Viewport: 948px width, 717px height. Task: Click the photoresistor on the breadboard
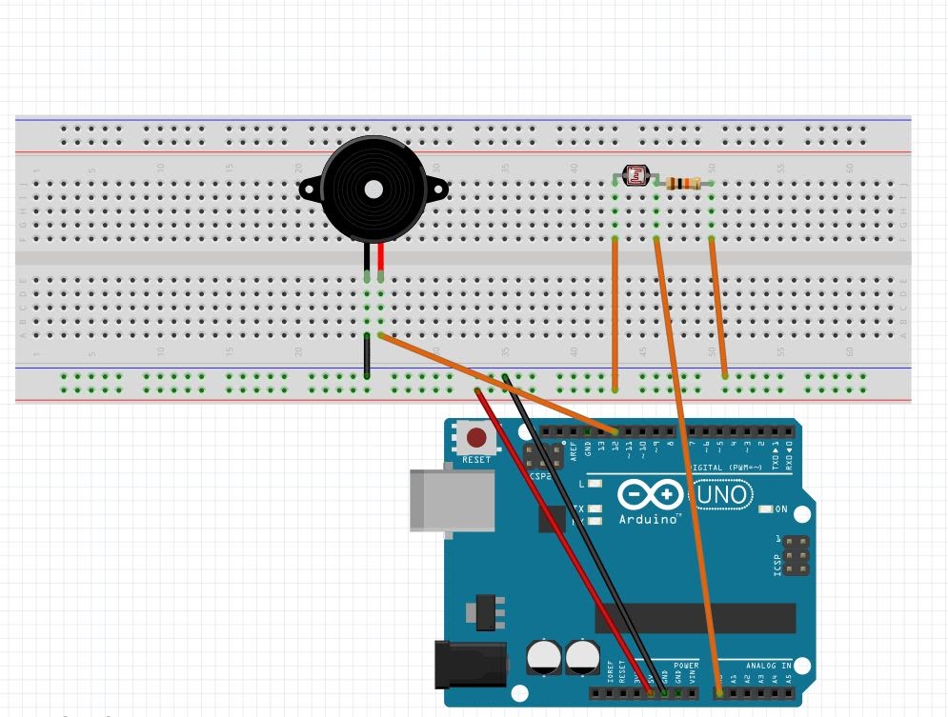coord(635,175)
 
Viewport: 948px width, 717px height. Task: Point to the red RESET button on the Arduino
coord(475,438)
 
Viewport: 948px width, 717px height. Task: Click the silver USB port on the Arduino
coord(452,499)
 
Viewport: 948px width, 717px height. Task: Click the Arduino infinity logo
coord(650,495)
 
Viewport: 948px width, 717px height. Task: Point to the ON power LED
coord(765,509)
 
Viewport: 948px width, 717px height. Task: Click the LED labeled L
coord(595,485)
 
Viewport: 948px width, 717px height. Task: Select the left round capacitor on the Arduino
coord(544,656)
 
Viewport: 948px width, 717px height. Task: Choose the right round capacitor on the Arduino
coord(582,656)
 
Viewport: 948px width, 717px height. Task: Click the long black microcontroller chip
coord(696,617)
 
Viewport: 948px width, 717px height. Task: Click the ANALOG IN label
coord(768,666)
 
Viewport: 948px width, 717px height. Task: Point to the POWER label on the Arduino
coord(686,666)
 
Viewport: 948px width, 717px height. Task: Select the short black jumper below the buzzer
coord(366,356)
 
